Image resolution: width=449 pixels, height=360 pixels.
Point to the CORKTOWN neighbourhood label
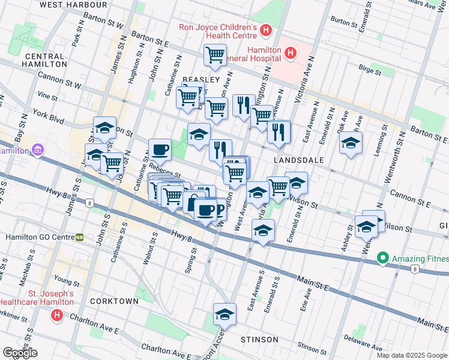(114, 301)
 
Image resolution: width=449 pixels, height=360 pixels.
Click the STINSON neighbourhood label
(259, 340)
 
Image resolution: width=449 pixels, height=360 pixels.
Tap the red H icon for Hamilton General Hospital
(291, 53)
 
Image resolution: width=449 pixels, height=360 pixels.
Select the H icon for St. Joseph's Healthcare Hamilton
(57, 314)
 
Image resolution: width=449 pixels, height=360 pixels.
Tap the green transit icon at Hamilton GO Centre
(79, 237)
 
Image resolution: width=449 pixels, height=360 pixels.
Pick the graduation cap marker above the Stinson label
(224, 314)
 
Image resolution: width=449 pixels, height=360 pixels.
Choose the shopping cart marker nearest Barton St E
(215, 56)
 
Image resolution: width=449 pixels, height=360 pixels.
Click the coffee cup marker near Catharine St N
(160, 149)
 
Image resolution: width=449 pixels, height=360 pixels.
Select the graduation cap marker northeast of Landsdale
(351, 143)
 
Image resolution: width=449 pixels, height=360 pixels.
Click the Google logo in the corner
(20, 353)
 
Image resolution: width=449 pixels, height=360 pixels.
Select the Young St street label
(66, 281)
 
